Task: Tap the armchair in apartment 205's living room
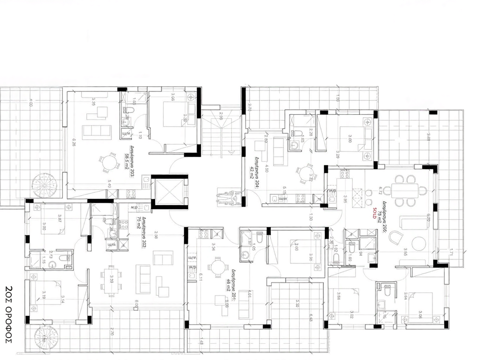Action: click(x=396, y=239)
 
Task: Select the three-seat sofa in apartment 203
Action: click(x=97, y=131)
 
